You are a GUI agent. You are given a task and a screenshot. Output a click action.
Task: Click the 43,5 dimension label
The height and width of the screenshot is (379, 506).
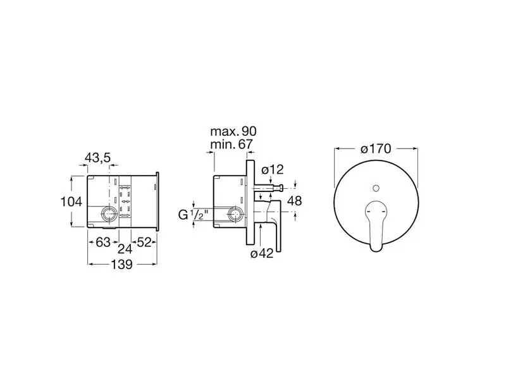[x=97, y=158]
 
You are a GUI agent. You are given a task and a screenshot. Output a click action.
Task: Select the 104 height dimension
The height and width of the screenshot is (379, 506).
[x=71, y=202]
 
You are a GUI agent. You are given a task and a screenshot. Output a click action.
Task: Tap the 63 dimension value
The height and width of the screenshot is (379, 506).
[x=103, y=242]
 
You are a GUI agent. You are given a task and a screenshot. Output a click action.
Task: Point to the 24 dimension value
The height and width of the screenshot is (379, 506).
[x=125, y=248]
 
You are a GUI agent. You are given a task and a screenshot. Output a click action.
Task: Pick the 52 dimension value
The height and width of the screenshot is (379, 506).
[x=144, y=242]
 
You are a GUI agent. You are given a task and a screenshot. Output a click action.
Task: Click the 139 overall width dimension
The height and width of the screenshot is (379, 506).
[x=122, y=264]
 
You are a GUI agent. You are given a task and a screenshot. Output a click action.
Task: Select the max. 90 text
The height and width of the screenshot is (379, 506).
[x=233, y=131]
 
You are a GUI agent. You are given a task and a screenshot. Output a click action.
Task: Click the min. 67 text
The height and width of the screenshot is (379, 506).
[x=231, y=144]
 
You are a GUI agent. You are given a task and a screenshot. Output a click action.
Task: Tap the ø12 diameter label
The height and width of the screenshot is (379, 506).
[x=273, y=169]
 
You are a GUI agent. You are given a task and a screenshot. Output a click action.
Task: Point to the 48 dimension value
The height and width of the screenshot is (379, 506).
[x=294, y=201]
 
